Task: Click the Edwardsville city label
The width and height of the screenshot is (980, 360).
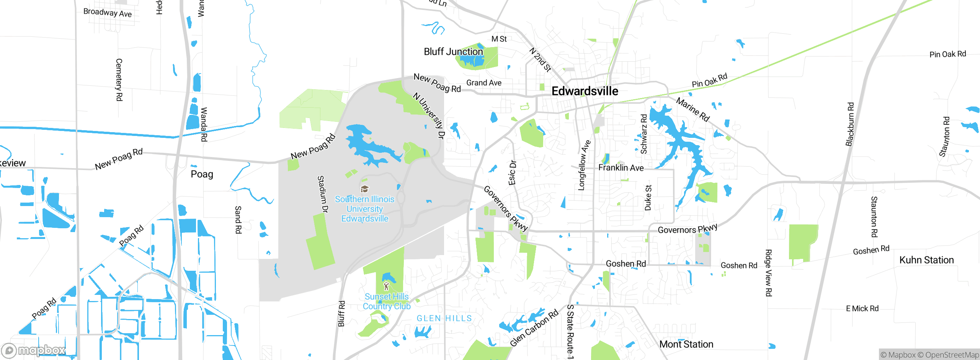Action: coord(585,91)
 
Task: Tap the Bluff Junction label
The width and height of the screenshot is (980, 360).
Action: coord(453,52)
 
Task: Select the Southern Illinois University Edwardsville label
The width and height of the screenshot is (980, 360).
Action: coord(364,209)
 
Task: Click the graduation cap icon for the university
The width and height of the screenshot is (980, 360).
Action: coord(364,189)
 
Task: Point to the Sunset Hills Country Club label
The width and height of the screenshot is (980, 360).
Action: coord(387,301)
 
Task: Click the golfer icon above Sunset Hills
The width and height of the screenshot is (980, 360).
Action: coord(386,286)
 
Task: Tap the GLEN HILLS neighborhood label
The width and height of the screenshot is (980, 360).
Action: coord(444,318)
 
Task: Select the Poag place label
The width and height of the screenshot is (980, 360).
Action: coord(202,174)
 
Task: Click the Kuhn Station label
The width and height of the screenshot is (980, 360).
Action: coord(926,260)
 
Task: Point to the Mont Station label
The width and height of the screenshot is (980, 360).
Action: coord(686,344)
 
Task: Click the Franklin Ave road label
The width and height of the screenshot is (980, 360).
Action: coord(621,168)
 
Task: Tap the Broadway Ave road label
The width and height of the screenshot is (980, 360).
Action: coord(108,13)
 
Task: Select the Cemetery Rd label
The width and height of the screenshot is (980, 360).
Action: coord(119,80)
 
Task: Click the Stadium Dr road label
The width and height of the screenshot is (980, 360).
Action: coord(323,194)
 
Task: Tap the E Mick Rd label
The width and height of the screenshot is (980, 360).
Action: coord(862,309)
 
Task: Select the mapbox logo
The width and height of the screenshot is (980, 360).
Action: coord(33,350)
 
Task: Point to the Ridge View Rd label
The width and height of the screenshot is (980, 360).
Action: coord(768,273)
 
